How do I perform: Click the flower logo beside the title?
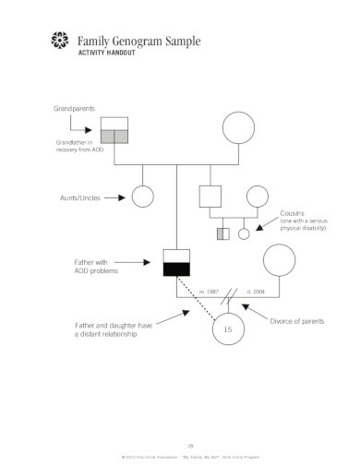(x=60, y=42)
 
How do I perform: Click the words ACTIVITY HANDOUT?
(x=104, y=54)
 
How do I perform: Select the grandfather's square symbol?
(x=114, y=131)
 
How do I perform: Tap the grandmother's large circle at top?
(x=238, y=128)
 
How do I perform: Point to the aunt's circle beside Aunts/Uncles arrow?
(x=142, y=197)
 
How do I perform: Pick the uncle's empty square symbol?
(x=210, y=197)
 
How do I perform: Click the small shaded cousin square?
(x=222, y=233)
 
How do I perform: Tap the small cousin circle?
(x=245, y=233)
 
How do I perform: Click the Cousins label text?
(x=293, y=213)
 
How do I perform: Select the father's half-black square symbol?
(x=176, y=262)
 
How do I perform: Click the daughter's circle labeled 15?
(x=227, y=329)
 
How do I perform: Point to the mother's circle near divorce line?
(x=279, y=261)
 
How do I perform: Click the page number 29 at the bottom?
(x=189, y=444)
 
